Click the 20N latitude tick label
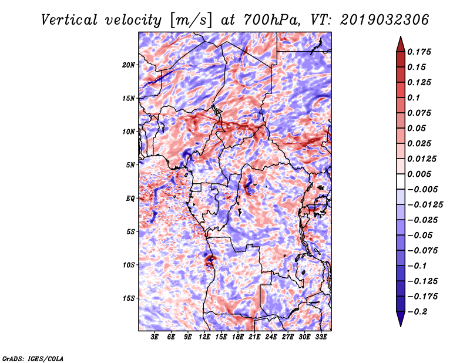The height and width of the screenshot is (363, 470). point(129,65)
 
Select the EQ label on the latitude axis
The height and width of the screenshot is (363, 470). point(130,199)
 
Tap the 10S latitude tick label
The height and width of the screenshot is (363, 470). point(129,265)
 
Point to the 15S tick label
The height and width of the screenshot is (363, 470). point(129,298)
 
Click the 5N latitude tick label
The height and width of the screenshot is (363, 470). point(130,165)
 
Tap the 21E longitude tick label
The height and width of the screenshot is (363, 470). point(254,338)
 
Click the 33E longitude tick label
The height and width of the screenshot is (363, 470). point(321,338)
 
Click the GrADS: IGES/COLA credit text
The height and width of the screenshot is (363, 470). point(32,358)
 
